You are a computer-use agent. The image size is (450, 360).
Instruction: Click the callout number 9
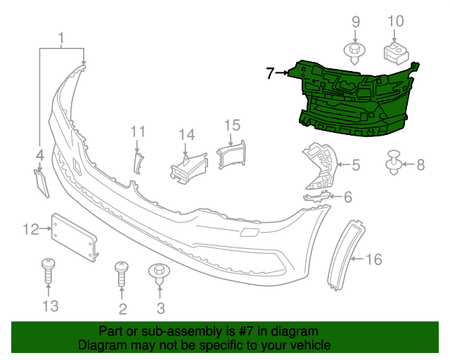click(x=355, y=22)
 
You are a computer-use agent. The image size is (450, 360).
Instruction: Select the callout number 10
click(x=397, y=21)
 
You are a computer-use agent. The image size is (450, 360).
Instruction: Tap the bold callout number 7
click(x=271, y=72)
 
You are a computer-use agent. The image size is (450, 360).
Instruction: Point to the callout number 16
click(x=374, y=260)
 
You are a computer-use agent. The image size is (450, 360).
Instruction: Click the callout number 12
click(x=31, y=229)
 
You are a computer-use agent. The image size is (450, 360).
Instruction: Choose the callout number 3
click(x=160, y=307)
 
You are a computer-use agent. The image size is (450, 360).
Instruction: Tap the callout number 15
click(x=232, y=125)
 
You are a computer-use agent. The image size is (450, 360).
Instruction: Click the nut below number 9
click(x=354, y=51)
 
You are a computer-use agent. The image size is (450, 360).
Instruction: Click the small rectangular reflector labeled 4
click(x=41, y=181)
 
